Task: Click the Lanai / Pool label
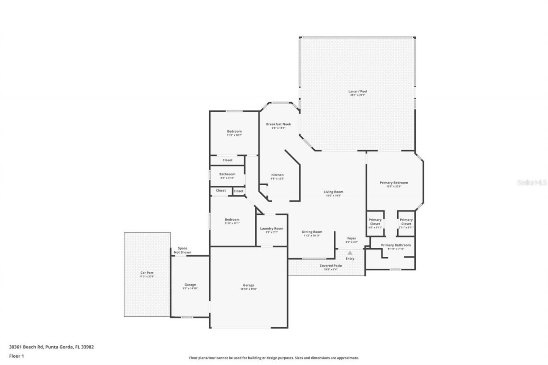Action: tap(357, 91)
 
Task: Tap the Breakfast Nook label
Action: tap(278, 124)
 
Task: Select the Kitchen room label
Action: tap(277, 175)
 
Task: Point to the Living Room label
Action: tap(333, 192)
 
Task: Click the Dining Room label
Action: tap(313, 231)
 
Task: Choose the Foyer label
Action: tap(351, 238)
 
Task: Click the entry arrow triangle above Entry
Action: tap(350, 253)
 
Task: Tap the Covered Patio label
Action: tap(331, 265)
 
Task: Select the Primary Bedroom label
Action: tap(394, 183)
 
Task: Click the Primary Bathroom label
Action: tap(396, 245)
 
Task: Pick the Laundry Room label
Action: tap(271, 228)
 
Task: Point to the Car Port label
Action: tap(147, 273)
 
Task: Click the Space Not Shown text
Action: tap(182, 250)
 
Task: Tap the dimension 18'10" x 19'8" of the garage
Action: tap(248, 289)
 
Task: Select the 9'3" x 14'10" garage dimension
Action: tap(190, 288)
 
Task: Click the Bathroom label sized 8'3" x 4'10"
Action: tap(227, 174)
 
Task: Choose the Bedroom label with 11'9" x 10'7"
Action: tap(234, 131)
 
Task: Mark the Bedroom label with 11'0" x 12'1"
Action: tap(232, 220)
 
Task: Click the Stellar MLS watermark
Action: tap(532, 182)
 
